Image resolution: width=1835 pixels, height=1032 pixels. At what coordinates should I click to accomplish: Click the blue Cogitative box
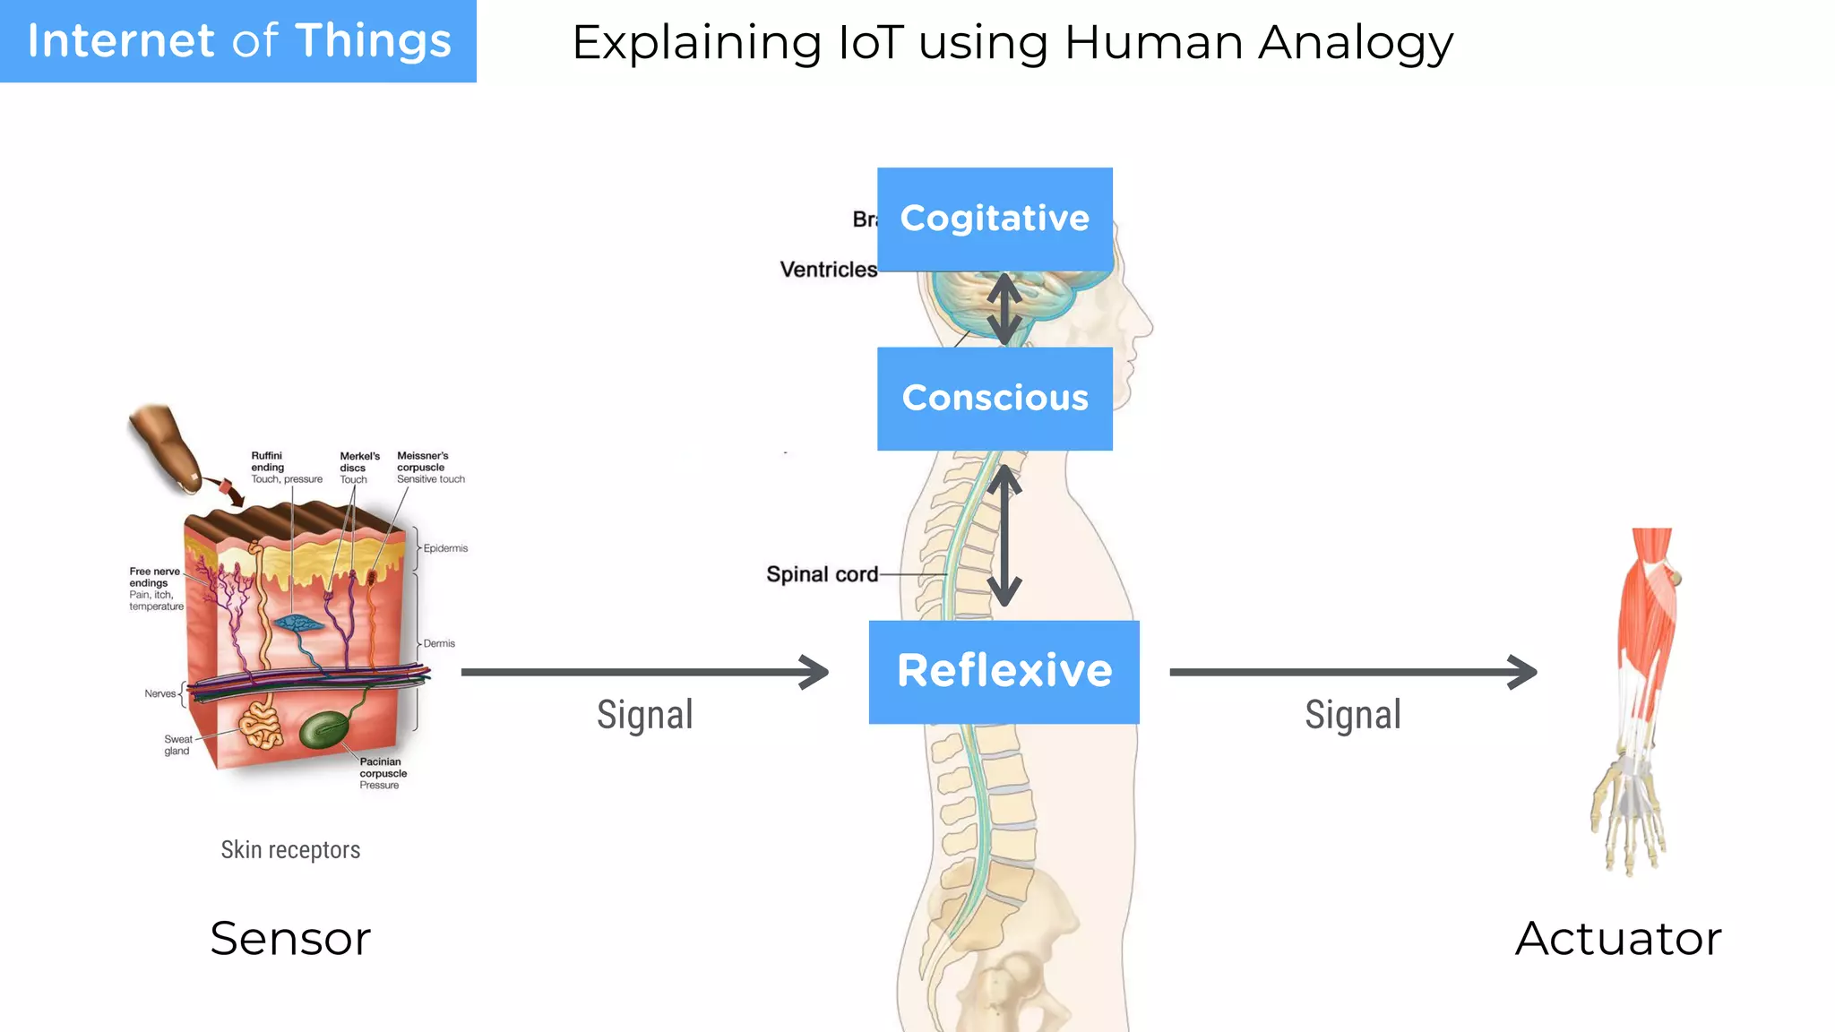[995, 219]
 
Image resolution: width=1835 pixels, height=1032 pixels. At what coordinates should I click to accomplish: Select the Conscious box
[995, 398]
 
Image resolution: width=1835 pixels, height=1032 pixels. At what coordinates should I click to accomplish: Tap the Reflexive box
[1004, 671]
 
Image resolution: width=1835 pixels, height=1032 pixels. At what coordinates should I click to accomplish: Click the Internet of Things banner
[238, 41]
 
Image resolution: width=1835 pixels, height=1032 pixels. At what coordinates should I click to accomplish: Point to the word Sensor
[290, 938]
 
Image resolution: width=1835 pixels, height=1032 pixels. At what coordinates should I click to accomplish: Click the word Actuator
[1618, 938]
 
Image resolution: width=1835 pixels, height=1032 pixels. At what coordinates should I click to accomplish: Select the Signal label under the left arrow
[645, 715]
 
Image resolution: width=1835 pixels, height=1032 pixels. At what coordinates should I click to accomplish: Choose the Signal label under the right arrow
[1352, 715]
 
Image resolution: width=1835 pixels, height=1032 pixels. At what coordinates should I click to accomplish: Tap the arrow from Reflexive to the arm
[1352, 672]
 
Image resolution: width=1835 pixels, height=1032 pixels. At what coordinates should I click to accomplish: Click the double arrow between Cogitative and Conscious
[1004, 309]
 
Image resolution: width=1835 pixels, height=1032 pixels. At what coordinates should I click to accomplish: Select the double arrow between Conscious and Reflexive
[1004, 536]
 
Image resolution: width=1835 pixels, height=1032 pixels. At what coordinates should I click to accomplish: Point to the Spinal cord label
[822, 574]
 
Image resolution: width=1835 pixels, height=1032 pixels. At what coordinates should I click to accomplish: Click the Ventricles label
[828, 270]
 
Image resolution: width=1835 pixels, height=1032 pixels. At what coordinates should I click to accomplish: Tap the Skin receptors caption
[290, 849]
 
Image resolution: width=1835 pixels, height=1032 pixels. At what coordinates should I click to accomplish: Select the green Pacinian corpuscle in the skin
[324, 729]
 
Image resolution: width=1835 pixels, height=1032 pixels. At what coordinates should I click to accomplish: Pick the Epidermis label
[445, 548]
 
